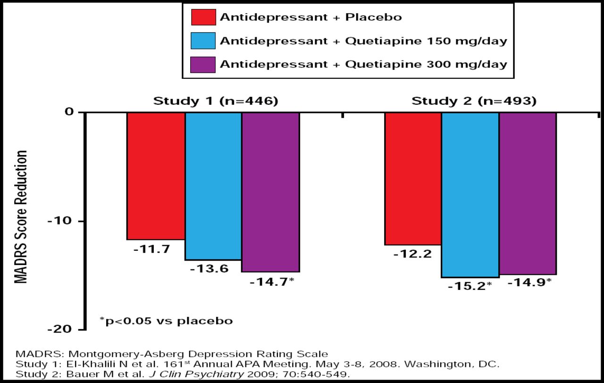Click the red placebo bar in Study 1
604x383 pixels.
pyautogui.click(x=155, y=176)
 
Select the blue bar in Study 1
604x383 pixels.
pyautogui.click(x=213, y=186)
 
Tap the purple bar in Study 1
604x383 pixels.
pyautogui.click(x=270, y=192)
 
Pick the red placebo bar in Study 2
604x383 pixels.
pyautogui.click(x=413, y=179)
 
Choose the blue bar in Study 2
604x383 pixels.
pyautogui.click(x=470, y=195)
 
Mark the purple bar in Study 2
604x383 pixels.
pyautogui.click(x=528, y=193)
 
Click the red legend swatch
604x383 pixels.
pyautogui.click(x=203, y=17)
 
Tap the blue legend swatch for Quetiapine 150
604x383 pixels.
pyautogui.click(x=203, y=41)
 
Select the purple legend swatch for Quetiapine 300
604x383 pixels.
pyautogui.click(x=203, y=64)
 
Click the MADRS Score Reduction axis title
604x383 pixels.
pyautogui.click(x=21, y=217)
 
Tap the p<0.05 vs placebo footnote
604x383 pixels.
pyautogui.click(x=166, y=321)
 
